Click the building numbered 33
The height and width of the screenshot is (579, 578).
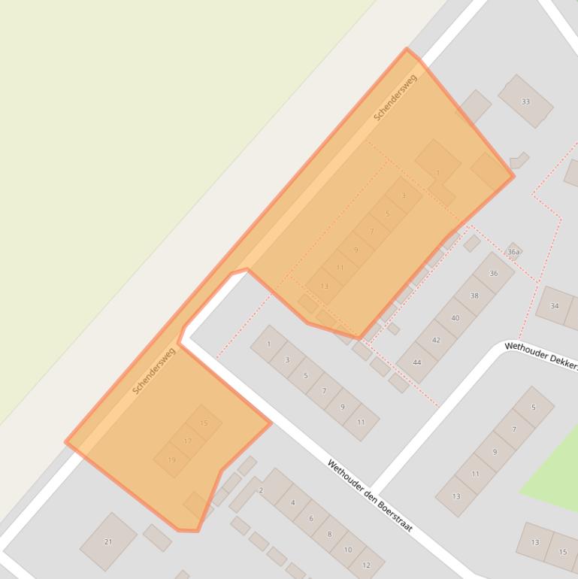[x=525, y=102]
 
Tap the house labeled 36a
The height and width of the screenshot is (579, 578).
[x=514, y=251]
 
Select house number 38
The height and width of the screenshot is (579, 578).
[x=474, y=296]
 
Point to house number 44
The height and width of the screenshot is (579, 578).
[x=416, y=362]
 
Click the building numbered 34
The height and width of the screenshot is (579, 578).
[x=555, y=306]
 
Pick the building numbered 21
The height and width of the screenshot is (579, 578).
[x=108, y=541]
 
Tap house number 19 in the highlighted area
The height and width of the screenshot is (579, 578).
[x=171, y=459]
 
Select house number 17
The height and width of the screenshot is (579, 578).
[x=188, y=441]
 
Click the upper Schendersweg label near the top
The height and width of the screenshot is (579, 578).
[x=395, y=97]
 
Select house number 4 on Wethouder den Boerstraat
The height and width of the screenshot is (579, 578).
[x=293, y=503]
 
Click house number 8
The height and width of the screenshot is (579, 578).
[x=329, y=534]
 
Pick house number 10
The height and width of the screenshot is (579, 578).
[x=348, y=550]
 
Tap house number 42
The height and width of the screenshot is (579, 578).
[x=436, y=340]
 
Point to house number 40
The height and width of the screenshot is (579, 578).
[x=455, y=318]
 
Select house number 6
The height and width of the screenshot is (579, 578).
[x=311, y=519]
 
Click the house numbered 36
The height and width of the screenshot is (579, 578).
[x=494, y=273]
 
